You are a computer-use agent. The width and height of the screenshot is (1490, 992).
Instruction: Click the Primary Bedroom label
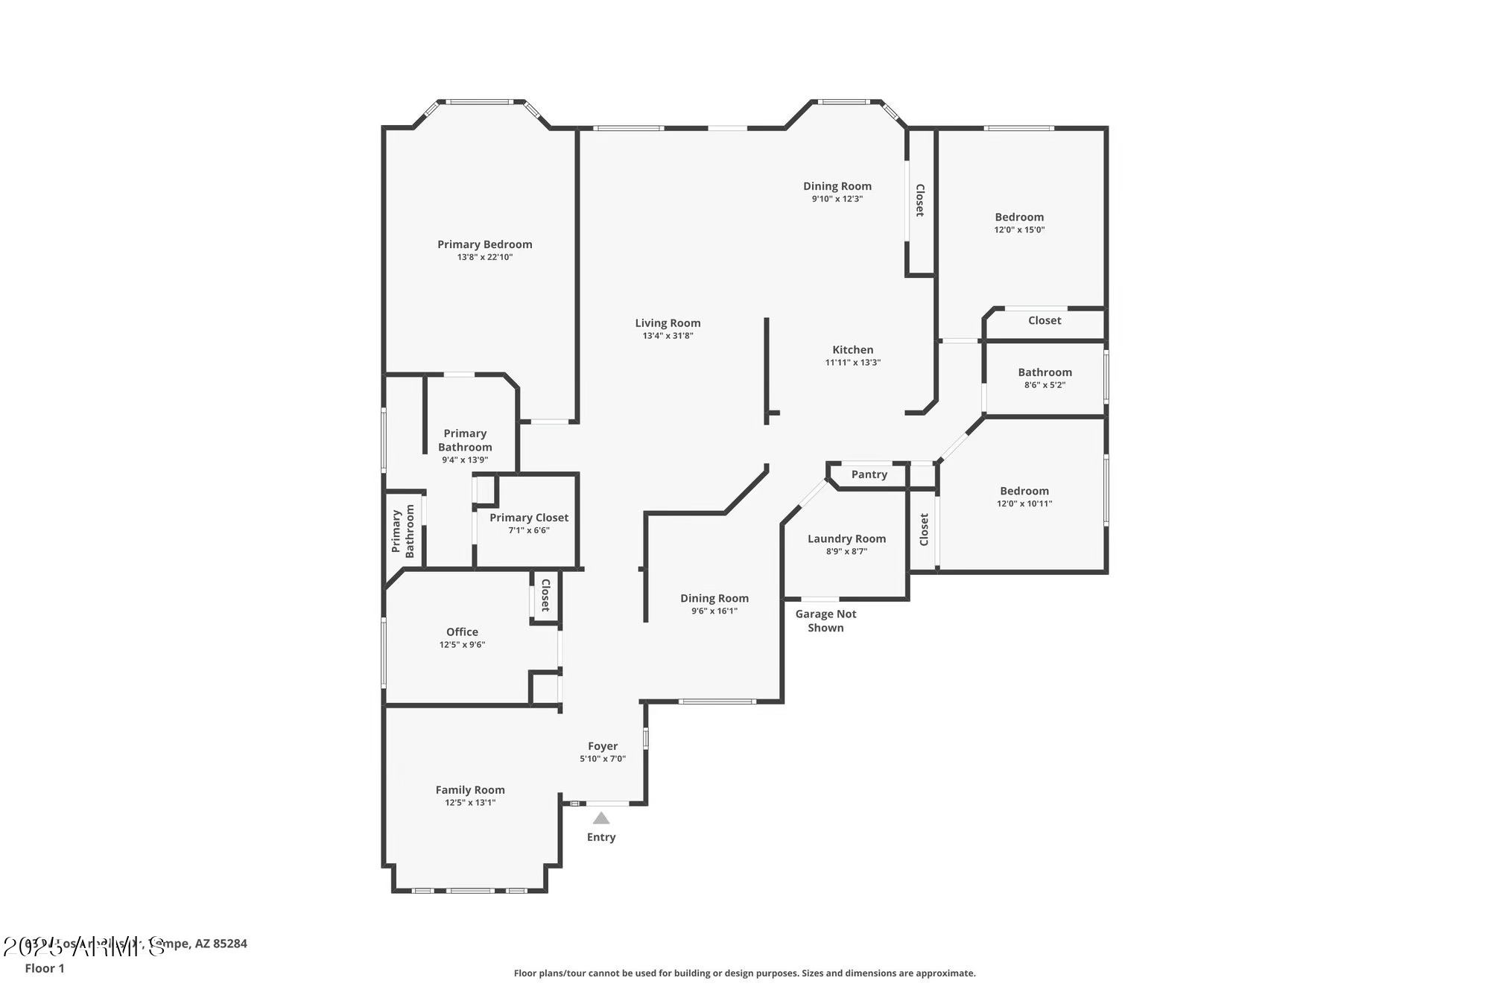[484, 244]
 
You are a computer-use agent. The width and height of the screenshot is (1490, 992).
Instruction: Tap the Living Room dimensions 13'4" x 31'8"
[668, 336]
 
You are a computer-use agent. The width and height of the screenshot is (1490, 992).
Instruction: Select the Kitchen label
[852, 349]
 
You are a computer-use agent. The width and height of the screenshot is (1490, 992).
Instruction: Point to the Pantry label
[869, 474]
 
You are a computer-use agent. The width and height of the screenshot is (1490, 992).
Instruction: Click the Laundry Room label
[846, 538]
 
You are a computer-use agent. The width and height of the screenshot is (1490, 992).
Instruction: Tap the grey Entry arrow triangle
[601, 818]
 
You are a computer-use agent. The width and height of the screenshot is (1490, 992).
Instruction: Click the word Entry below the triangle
[601, 837]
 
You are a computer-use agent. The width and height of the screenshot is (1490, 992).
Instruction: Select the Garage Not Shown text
[825, 620]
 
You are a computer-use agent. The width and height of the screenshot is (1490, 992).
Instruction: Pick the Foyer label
[603, 745]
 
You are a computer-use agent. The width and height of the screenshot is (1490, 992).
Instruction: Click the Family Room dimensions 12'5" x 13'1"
[470, 803]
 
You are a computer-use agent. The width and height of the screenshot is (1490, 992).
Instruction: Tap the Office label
[462, 632]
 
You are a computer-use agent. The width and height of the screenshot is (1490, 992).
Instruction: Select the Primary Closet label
[529, 518]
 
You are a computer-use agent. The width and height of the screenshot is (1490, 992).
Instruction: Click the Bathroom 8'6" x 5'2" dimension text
[1044, 385]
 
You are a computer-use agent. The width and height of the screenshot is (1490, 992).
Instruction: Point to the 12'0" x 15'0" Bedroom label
[1019, 217]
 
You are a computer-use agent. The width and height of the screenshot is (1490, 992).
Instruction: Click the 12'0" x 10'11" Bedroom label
[1024, 491]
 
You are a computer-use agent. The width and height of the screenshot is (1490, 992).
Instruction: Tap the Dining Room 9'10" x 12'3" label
[837, 186]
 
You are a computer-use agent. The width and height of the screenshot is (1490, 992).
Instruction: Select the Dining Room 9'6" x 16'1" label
[714, 598]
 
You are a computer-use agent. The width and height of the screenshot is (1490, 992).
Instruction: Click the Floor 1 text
[45, 968]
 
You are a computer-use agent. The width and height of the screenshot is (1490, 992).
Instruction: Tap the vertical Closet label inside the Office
[545, 595]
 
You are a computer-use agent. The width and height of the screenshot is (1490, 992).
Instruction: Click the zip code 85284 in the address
[230, 944]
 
